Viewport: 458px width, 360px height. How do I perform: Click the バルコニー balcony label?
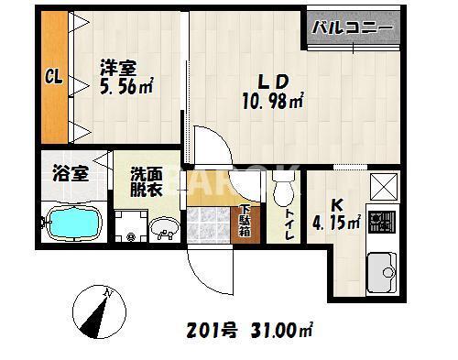click(353, 28)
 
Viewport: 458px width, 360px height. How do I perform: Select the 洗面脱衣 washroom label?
click(147, 180)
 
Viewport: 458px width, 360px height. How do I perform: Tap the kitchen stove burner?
click(377, 222)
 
